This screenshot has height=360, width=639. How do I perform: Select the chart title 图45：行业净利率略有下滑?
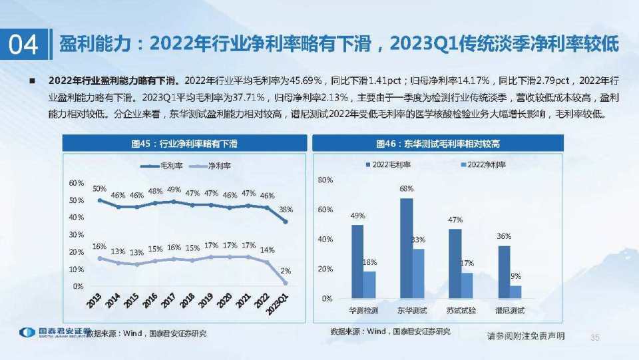pyautogui.click(x=184, y=143)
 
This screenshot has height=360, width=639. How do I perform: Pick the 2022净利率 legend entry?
pyautogui.click(x=483, y=164)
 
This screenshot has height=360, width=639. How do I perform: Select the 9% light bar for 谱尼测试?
pyautogui.click(x=515, y=291)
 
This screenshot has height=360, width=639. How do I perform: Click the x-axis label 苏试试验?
pyautogui.click(x=461, y=310)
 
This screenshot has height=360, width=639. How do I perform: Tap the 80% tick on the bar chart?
pyautogui.click(x=325, y=180)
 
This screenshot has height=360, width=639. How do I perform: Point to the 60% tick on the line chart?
pyautogui.click(x=77, y=183)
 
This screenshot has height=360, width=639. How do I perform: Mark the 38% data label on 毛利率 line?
pyautogui.click(x=286, y=209)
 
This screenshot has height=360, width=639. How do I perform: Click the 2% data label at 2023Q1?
pyautogui.click(x=286, y=271)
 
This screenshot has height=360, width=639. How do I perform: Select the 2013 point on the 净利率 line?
pyautogui.click(x=100, y=258)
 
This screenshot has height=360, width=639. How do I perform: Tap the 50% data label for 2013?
pyautogui.click(x=100, y=189)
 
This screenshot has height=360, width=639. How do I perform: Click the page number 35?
pyautogui.click(x=595, y=337)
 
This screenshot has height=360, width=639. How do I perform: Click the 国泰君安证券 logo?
pyautogui.click(x=55, y=332)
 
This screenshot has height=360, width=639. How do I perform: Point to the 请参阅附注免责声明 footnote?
pyautogui.click(x=526, y=337)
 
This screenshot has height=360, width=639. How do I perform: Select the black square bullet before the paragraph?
pyautogui.click(x=31, y=81)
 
